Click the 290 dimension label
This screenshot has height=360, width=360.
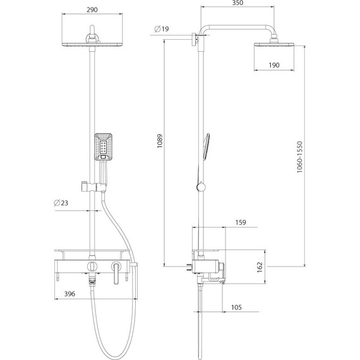(92, 9)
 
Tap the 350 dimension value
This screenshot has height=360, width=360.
(237, 3)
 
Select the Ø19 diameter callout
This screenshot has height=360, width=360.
(162, 29)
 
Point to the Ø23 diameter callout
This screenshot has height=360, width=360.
(61, 203)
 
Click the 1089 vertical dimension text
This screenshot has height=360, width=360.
(160, 141)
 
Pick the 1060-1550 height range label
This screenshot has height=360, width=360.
(299, 157)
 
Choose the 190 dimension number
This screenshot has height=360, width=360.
(274, 65)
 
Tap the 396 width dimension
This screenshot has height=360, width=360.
(69, 294)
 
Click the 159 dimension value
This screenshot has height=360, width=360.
(241, 222)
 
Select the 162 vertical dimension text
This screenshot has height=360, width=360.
(260, 267)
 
